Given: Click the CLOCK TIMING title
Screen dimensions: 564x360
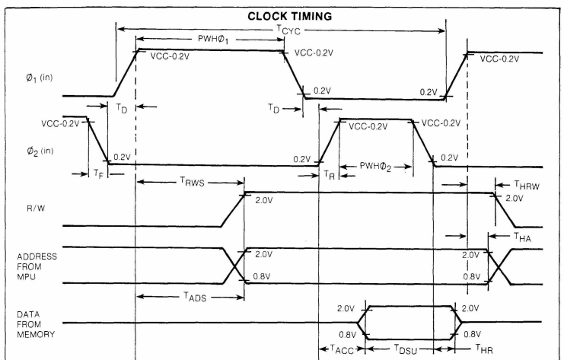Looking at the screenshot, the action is coord(289,16).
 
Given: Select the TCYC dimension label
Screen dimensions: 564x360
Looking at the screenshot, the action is coord(288,30).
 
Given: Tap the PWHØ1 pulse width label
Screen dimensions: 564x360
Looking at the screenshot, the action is coord(213,40).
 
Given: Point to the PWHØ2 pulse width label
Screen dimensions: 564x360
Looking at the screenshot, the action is coord(375,167).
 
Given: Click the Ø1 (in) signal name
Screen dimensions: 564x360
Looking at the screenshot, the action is coord(40,78).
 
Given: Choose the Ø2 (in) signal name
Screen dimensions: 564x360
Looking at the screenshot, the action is coord(40,151).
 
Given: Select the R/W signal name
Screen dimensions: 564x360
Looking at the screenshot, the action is coord(36,209).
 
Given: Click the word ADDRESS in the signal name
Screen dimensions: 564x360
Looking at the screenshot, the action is coord(37,256).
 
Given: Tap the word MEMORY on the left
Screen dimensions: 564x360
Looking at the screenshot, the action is coord(36,334).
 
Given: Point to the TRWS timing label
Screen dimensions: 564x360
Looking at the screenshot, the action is coord(192,182).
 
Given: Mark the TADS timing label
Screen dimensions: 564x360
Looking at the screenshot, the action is coord(195,297).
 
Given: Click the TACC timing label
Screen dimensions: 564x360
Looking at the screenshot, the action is coord(342,349).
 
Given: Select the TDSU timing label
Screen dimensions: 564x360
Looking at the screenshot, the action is coord(406,349).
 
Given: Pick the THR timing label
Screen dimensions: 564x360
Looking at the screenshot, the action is coord(484,348).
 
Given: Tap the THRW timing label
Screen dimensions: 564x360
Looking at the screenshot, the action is coord(527,185).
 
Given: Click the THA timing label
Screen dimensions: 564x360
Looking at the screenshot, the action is coord(522,237).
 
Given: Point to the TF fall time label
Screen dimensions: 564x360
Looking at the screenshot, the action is coord(98,174).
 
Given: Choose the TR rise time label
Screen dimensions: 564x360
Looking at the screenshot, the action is coord(329,175).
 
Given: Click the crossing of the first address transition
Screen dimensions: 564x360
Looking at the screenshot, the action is coord(234,266).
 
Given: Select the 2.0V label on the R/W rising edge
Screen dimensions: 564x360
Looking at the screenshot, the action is coord(264,200).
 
